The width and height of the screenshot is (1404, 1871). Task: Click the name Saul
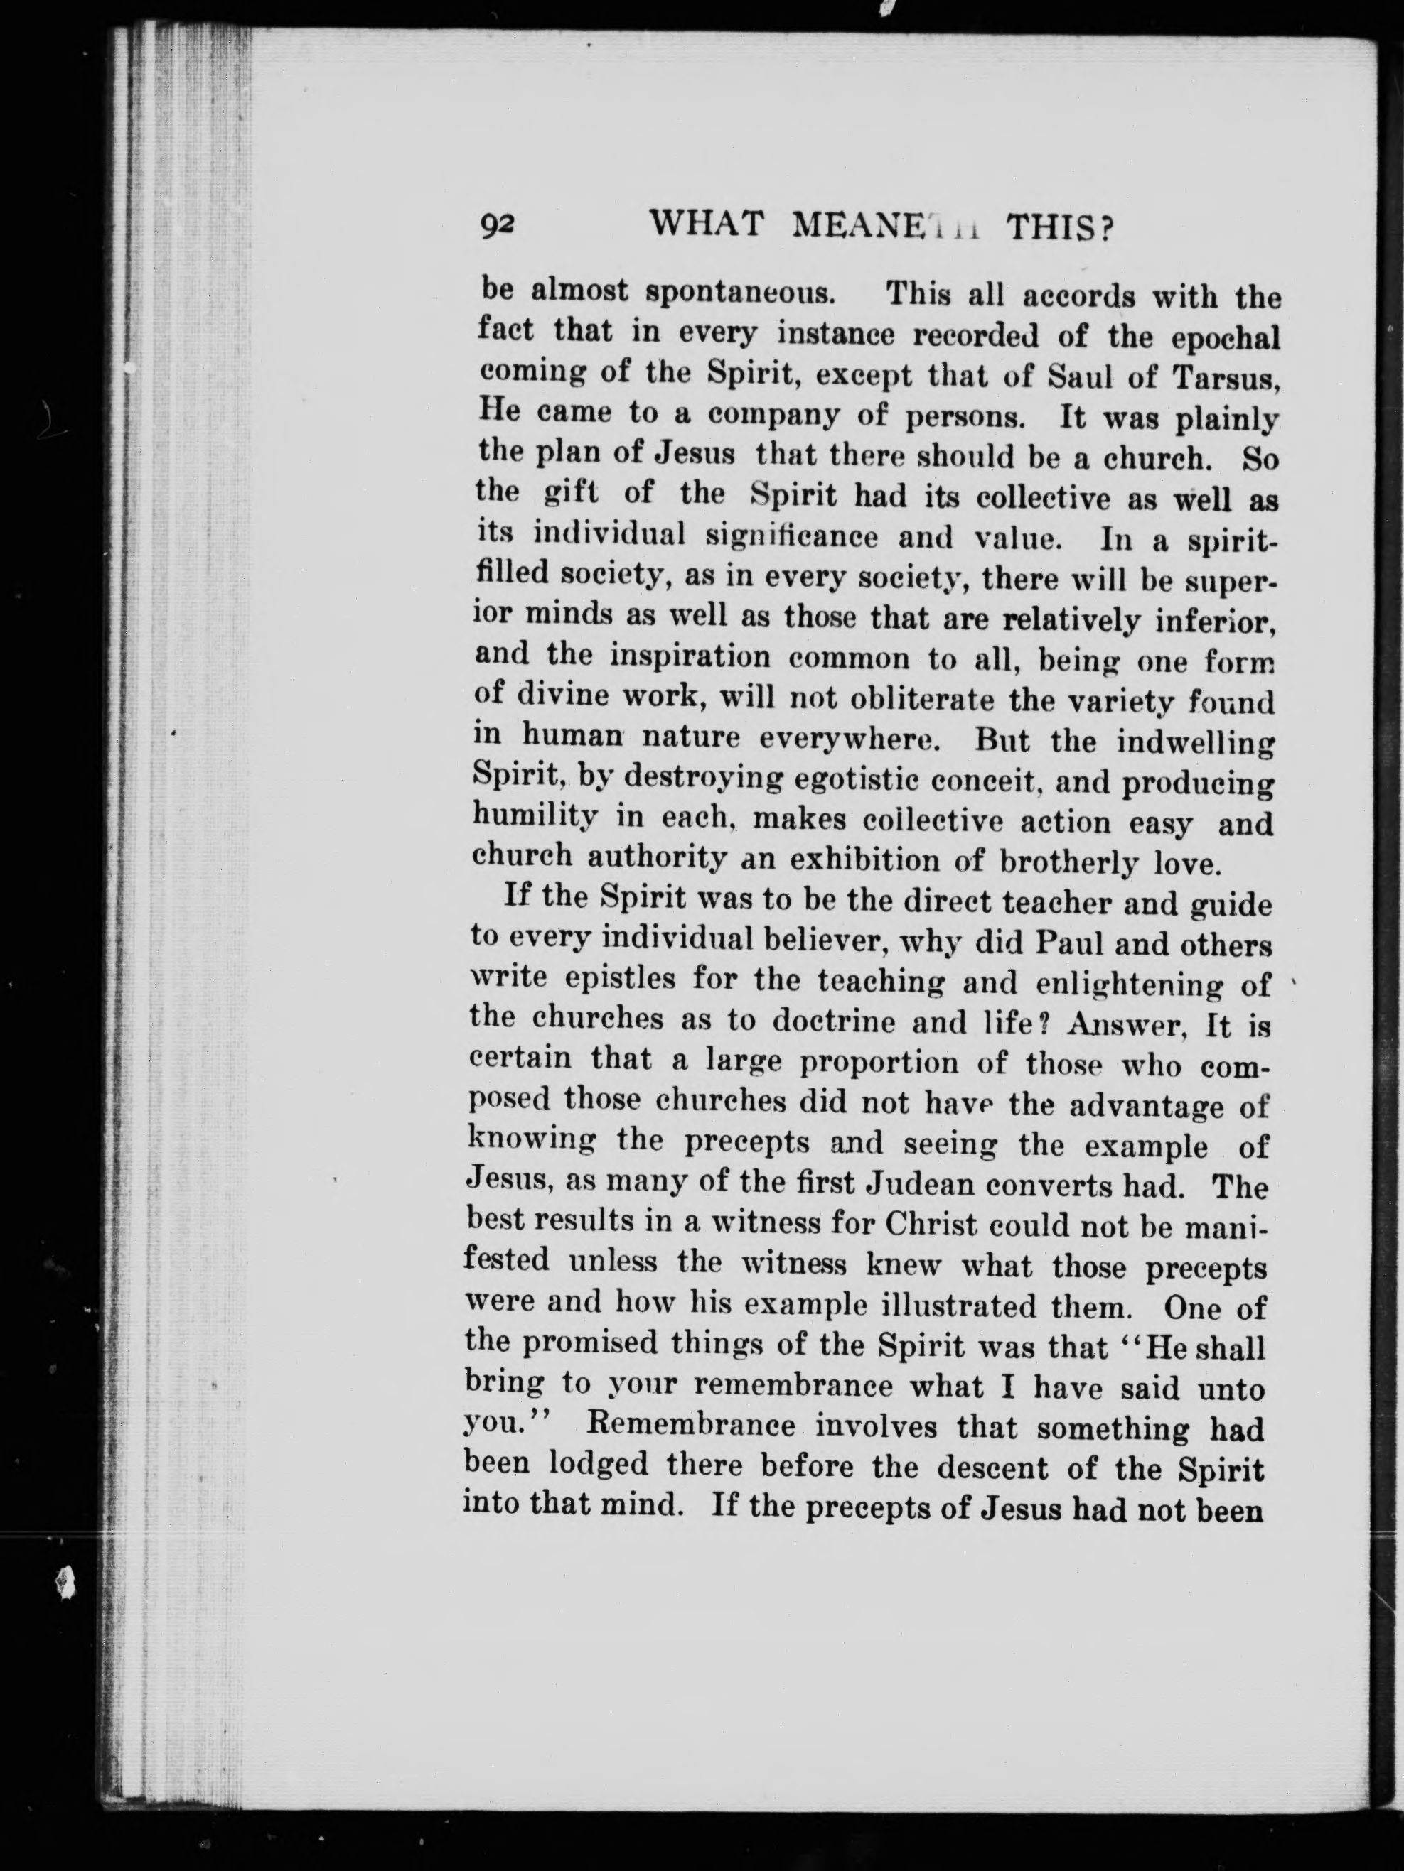click(x=1081, y=376)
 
